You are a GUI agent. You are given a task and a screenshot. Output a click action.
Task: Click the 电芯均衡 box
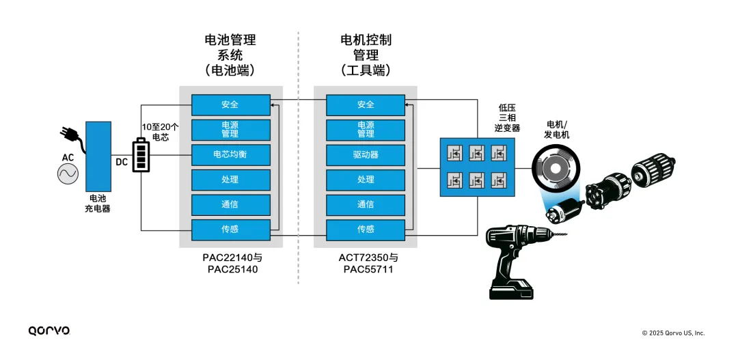[230, 154]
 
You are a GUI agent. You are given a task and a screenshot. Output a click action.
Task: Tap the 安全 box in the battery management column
[230, 105]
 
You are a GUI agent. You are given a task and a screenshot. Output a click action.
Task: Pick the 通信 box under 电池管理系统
[230, 204]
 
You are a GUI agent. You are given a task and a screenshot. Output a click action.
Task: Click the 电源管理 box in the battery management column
[230, 130]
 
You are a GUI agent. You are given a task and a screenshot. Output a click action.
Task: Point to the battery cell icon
[141, 155]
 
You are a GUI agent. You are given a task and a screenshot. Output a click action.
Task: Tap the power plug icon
[72, 137]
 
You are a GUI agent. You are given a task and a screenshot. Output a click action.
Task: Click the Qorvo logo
[49, 331]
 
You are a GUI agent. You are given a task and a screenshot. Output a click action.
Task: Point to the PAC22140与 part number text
[232, 258]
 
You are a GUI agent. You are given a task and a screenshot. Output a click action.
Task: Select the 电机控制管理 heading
[366, 55]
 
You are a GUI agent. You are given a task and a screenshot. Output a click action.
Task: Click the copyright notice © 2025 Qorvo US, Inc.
[673, 333]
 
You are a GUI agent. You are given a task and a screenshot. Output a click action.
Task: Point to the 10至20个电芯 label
[161, 132]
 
